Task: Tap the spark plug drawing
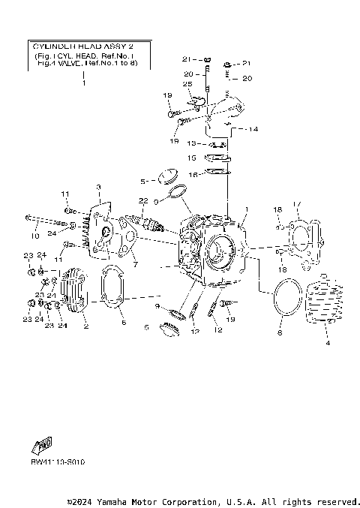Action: click(x=146, y=223)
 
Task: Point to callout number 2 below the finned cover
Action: click(x=85, y=326)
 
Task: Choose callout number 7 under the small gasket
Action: click(x=135, y=264)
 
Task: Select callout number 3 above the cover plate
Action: click(x=97, y=186)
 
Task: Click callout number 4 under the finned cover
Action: click(x=327, y=343)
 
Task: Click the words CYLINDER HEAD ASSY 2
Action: click(x=83, y=47)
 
